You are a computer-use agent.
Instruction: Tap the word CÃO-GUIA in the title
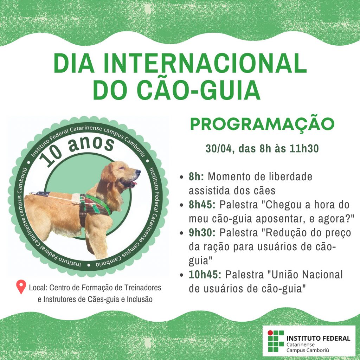[x=199, y=90]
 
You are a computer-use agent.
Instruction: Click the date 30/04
[x=219, y=149]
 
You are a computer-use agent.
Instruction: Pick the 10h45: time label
[x=205, y=275]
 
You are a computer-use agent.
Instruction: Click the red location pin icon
[x=21, y=287]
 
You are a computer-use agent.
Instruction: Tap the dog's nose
[x=138, y=172]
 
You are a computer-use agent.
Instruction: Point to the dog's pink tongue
[x=134, y=183]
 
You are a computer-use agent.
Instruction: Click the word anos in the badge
[x=91, y=144]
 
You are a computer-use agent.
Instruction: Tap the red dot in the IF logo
[x=270, y=333]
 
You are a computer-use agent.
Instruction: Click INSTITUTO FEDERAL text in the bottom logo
[x=318, y=338]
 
